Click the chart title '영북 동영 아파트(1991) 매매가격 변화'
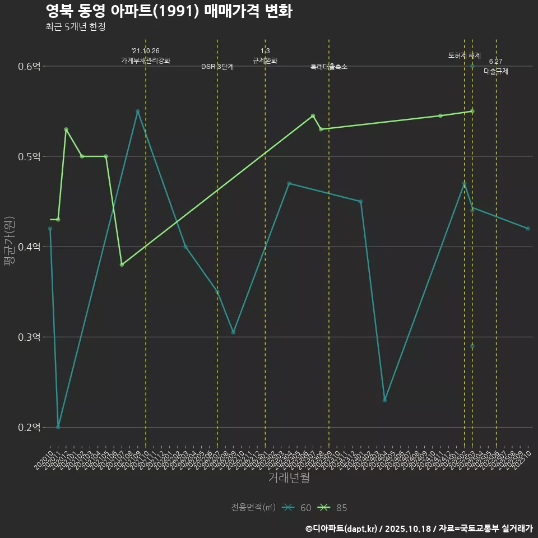coord(168,11)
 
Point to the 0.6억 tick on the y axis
coord(29,66)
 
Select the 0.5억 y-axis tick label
coord(29,156)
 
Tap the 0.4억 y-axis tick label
coord(29,247)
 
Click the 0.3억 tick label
coord(29,337)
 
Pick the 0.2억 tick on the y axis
coord(29,427)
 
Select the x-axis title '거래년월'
coord(289,478)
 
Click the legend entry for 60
coord(297,508)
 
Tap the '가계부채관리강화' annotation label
coord(146,61)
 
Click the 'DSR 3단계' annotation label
coord(217,67)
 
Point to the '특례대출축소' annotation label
coord(329,67)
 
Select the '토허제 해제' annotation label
coord(465,55)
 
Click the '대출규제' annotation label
coord(496,72)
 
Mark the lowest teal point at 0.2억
coord(58,427)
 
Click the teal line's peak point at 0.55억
coord(137,112)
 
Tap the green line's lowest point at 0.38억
coord(122,265)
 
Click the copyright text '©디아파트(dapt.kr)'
coord(342,528)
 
